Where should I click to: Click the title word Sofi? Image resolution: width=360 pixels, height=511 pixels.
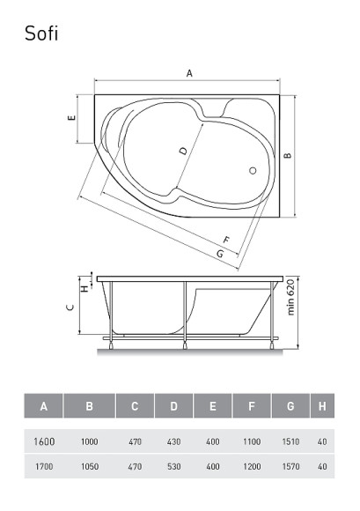(42, 33)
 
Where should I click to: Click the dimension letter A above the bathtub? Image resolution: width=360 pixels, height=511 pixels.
(189, 74)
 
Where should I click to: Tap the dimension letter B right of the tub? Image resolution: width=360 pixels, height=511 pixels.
(287, 155)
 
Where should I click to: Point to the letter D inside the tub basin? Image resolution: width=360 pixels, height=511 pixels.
(183, 151)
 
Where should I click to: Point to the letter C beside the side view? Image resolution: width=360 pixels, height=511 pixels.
(70, 308)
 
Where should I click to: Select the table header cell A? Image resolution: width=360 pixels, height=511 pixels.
(44, 406)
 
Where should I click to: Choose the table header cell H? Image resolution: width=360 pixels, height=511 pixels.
(323, 406)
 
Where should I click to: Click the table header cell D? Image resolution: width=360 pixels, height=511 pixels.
(174, 406)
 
